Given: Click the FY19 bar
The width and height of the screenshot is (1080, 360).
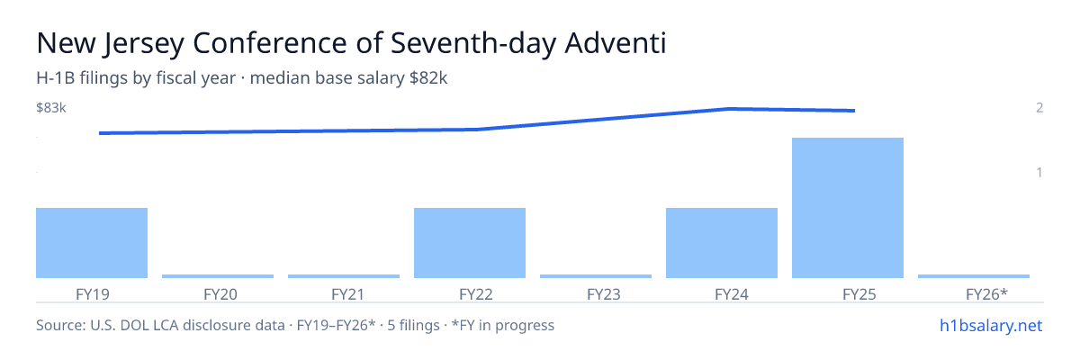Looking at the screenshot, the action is point(92,243).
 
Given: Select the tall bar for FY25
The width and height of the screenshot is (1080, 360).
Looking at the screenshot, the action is point(848,208).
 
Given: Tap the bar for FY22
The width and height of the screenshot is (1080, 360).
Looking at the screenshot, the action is point(470,243).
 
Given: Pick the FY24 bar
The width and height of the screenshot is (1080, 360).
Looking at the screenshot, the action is point(722,243).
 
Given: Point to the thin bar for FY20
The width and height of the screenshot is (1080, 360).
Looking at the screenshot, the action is point(218,276).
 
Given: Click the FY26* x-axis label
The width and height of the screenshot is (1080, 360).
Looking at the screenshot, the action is point(986,294).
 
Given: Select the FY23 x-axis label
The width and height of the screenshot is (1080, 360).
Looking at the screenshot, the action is point(604,294).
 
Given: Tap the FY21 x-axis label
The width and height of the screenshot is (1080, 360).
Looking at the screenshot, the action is point(347,294).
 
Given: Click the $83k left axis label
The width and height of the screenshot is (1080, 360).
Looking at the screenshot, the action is point(51,107).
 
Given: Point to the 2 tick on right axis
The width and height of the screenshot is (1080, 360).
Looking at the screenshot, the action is point(1039,107).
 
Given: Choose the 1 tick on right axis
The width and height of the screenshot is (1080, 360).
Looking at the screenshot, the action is point(1039,172).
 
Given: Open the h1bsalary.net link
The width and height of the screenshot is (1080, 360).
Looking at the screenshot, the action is point(991,325).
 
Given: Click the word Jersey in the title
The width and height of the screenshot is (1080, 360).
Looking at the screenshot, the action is point(144,44).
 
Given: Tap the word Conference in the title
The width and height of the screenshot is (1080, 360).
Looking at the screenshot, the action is point(270,42).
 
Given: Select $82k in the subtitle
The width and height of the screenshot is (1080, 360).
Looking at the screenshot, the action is point(428,77).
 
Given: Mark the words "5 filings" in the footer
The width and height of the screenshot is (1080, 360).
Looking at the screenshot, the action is point(413,325).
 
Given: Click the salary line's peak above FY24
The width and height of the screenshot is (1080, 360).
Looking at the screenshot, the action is point(730,108).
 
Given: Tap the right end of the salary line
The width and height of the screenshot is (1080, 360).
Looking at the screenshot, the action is point(854,111).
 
